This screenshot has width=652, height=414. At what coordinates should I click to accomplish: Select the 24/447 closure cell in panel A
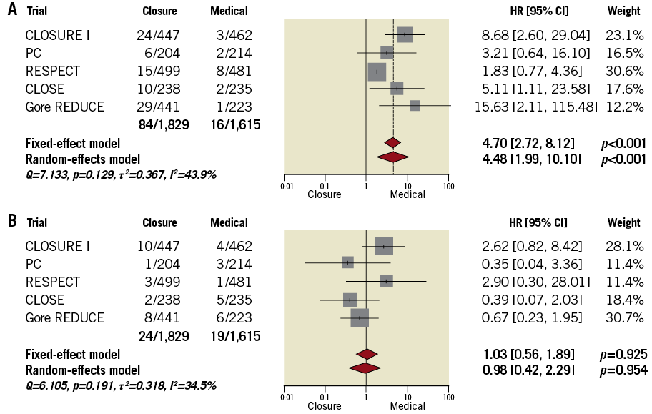coord(159,35)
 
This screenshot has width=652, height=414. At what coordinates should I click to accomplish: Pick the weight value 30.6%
coord(623,72)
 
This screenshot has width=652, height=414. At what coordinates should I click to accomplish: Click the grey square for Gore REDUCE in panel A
coord(415,106)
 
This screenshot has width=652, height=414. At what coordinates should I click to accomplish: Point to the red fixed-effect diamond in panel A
coord(392,142)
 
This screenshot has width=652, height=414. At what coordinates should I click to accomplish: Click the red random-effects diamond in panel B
coord(365,368)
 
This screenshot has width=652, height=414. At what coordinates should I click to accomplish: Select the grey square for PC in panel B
coord(347,262)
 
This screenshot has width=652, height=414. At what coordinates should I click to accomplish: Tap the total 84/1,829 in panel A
coord(165,124)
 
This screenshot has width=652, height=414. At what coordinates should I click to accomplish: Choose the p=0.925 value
coord(623,354)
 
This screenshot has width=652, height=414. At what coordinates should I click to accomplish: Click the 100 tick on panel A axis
coord(448,186)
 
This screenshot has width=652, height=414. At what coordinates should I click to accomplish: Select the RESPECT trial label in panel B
coord(52,282)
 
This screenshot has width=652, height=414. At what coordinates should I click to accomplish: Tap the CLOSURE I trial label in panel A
coord(57,35)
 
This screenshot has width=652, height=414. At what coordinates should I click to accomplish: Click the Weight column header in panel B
coord(623,222)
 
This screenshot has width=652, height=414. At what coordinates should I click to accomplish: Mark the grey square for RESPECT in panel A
coord(377,72)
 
